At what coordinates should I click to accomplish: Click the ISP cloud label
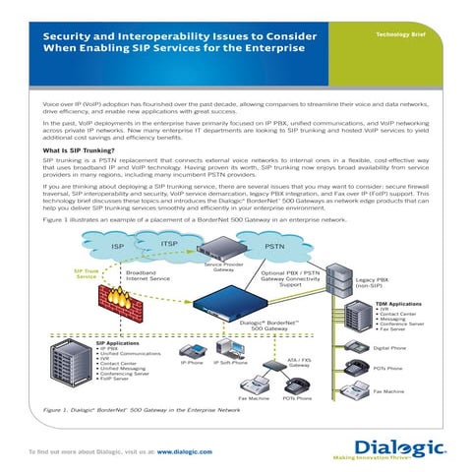click(x=118, y=246)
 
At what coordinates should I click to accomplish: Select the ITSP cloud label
click(x=168, y=243)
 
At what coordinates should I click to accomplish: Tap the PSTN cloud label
click(x=275, y=246)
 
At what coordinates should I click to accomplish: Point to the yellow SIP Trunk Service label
click(x=86, y=274)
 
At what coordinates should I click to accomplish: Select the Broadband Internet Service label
click(x=148, y=276)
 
